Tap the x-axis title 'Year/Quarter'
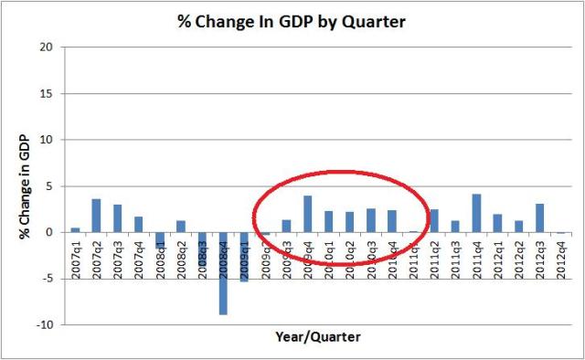[318, 337]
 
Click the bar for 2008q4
[223, 273]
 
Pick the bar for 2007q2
[96, 216]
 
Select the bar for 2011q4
[476, 213]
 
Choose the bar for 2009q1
[244, 257]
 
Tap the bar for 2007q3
[117, 218]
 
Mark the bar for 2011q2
[434, 220]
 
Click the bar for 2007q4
[138, 224]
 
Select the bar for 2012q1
[497, 223]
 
